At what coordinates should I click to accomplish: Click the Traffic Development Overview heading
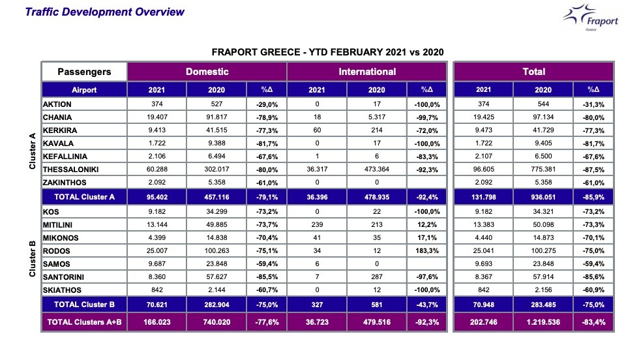104,12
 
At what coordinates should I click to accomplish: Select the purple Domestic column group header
207,72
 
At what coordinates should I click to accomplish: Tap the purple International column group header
367,72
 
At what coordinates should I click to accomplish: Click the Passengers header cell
84,72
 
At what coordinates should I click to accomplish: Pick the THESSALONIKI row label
71,170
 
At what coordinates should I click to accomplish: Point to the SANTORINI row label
66,276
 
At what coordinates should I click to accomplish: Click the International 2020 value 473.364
366,170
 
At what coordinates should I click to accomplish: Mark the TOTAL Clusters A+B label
84,322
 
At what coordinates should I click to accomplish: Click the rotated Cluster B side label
31,258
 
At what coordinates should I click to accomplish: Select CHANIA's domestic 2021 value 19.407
157,117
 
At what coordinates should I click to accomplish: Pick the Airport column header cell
84,90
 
